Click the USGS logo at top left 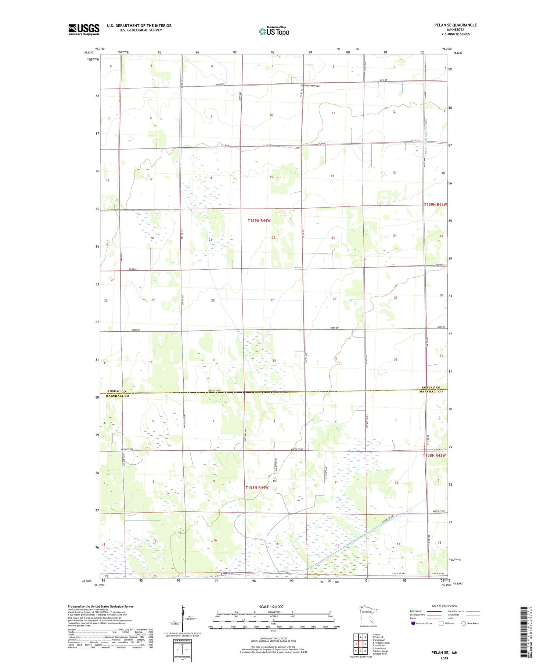pos(84,29)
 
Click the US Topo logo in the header pos(274,31)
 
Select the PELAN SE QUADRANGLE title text pos(455,25)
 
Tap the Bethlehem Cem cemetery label pos(312,86)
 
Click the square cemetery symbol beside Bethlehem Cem pos(302,86)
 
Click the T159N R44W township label pos(259,220)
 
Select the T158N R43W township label pos(434,455)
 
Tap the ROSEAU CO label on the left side pos(116,391)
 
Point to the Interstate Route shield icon pos(413,623)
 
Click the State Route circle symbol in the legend pos(464,623)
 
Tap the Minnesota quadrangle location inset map pos(368,614)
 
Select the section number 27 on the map pos(272,300)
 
